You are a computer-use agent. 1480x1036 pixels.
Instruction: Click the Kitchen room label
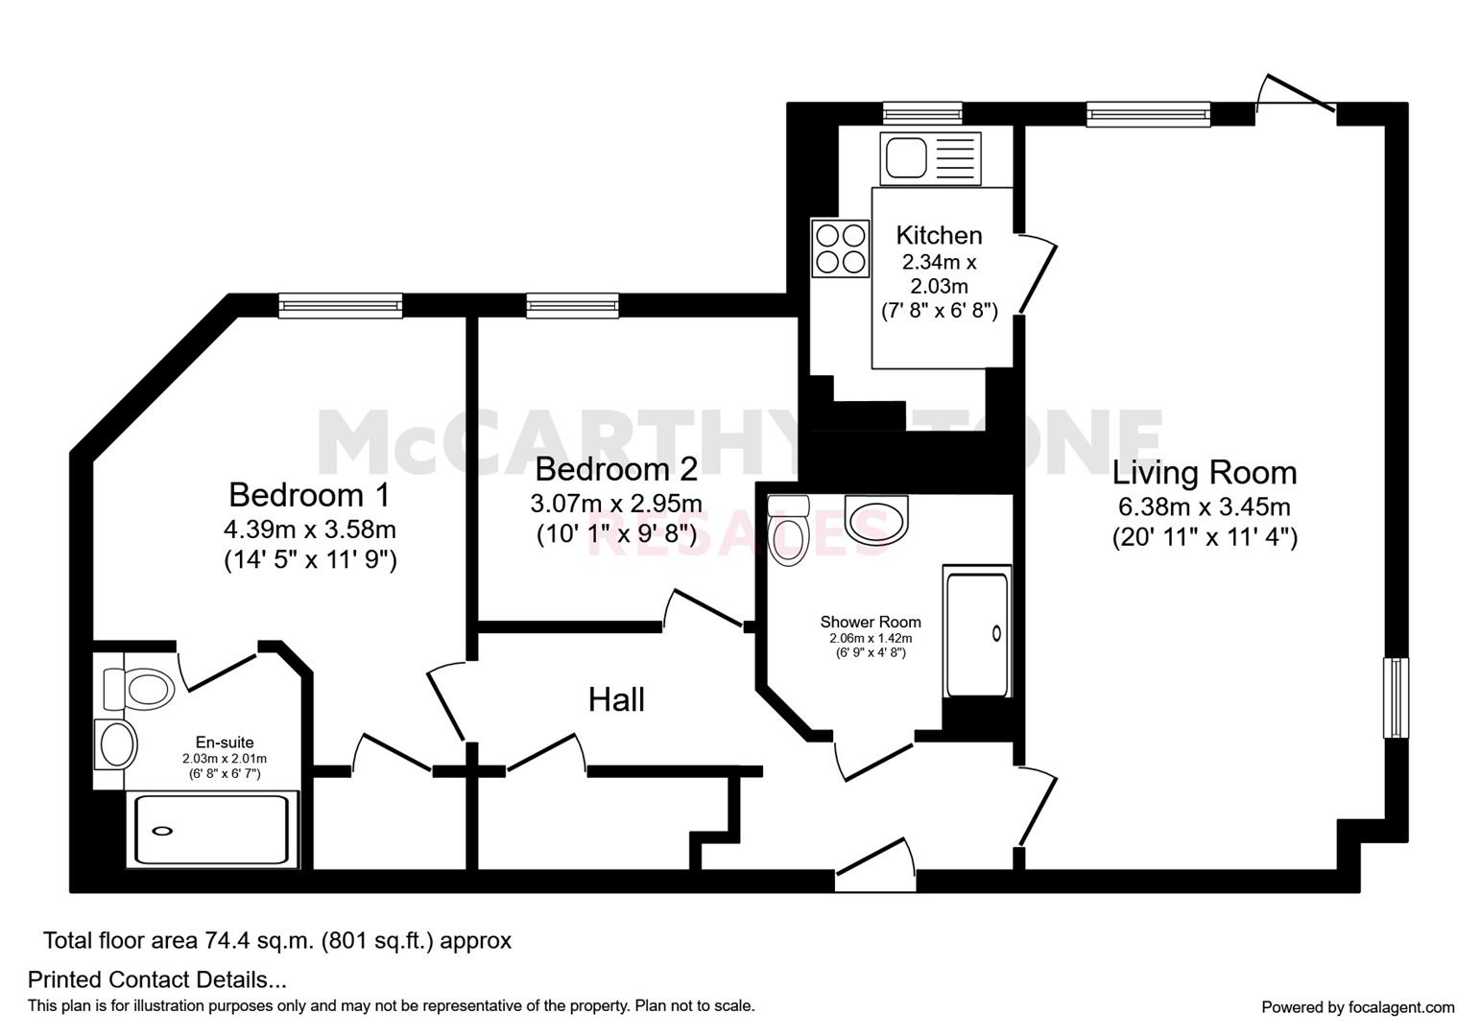coord(939,235)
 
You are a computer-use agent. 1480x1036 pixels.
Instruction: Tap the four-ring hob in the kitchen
coord(841,248)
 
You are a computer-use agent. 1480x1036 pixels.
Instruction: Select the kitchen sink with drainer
coord(930,158)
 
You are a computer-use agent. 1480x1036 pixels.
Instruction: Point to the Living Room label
coord(1205,474)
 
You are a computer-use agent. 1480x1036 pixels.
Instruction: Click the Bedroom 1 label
coord(310,495)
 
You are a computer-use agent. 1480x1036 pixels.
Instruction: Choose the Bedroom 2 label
coord(616,469)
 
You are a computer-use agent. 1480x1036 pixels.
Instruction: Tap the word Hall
coord(616,699)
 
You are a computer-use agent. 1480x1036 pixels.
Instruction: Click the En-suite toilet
coord(140,690)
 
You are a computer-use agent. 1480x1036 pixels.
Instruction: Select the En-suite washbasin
coord(116,744)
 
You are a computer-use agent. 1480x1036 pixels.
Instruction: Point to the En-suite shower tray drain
coord(162,832)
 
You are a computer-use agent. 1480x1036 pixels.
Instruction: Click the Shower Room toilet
coord(789,530)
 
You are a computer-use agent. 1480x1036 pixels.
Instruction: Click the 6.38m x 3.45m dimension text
coord(1205,507)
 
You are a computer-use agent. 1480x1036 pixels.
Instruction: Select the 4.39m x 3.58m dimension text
coord(310,530)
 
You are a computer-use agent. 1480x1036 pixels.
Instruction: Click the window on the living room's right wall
coord(1396,698)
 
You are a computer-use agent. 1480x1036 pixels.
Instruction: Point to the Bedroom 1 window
coord(341,306)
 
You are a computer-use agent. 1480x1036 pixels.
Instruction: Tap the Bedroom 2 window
coord(572,306)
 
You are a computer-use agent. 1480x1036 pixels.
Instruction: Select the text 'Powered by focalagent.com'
coord(1358,1007)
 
